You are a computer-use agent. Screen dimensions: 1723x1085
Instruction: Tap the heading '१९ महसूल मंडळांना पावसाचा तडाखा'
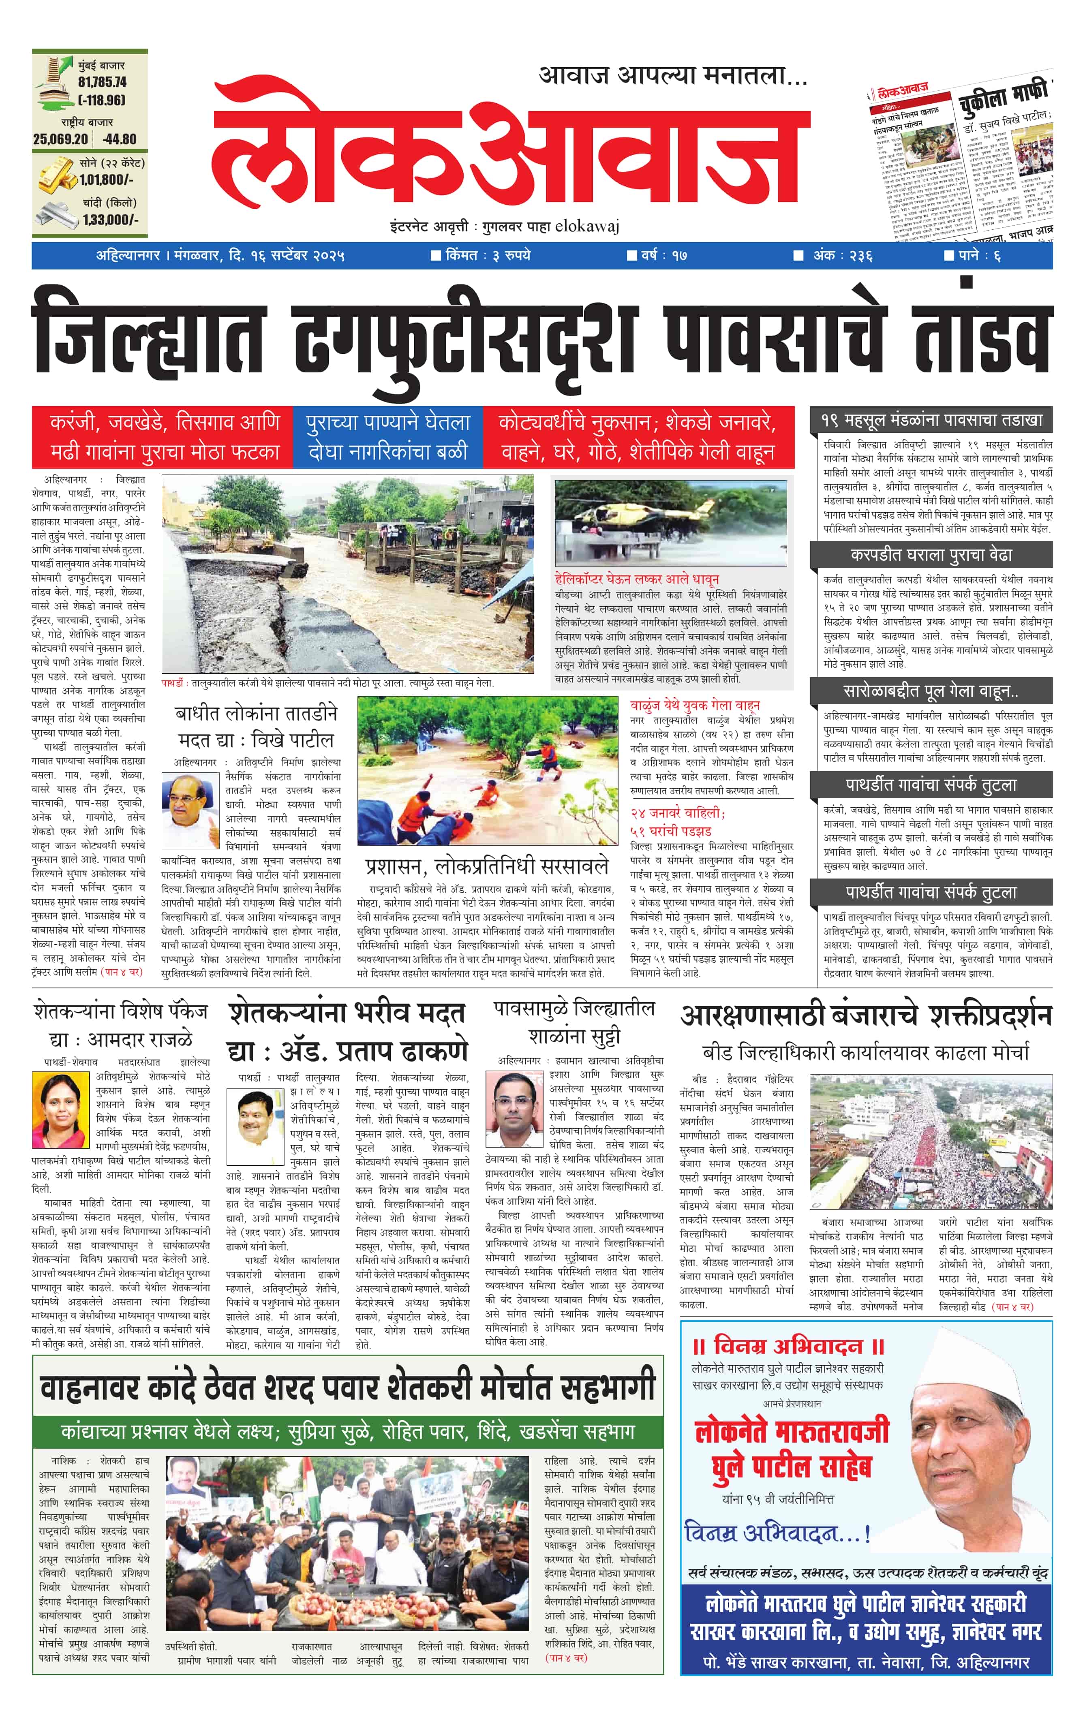pyautogui.click(x=931, y=420)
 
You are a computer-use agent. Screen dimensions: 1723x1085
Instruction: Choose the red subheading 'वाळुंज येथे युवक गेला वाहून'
pyautogui.click(x=694, y=705)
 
